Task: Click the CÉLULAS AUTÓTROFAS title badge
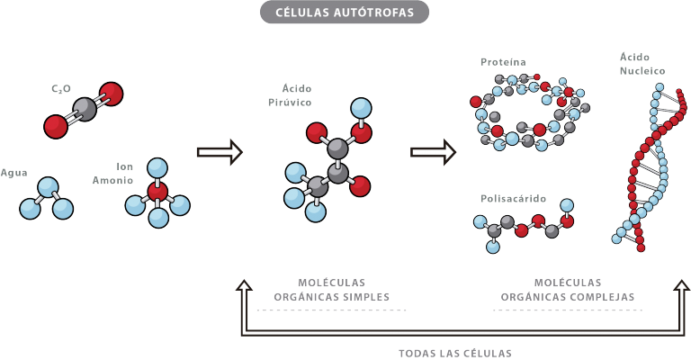point(345,12)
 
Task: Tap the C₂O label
point(61,89)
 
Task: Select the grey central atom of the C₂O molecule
point(85,110)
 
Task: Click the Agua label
point(13,173)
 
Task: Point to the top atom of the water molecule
point(48,188)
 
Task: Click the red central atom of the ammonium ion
point(157,192)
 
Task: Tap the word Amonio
point(112,180)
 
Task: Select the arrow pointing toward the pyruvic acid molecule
point(220,152)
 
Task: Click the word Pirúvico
point(290,103)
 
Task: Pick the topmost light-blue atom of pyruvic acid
point(361,108)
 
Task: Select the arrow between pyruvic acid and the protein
point(433,152)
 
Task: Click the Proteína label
point(503,62)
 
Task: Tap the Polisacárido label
point(514,199)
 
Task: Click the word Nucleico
point(642,71)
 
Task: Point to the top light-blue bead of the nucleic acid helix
point(660,87)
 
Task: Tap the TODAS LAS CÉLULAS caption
point(455,354)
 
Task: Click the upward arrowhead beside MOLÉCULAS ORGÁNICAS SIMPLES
point(244,285)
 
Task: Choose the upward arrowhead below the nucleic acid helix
point(682,285)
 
